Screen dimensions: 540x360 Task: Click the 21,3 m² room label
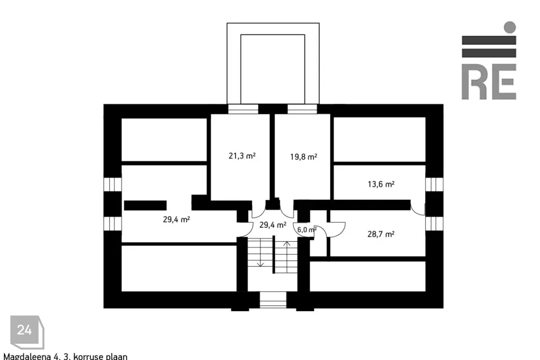pyautogui.click(x=242, y=156)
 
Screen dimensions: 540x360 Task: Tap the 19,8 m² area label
pyautogui.click(x=303, y=157)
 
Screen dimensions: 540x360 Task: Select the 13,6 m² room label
pyautogui.click(x=381, y=184)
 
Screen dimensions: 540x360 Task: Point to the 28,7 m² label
pyautogui.click(x=381, y=234)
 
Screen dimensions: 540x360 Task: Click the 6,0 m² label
pyautogui.click(x=307, y=229)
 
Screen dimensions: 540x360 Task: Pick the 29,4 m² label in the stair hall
pyautogui.click(x=273, y=225)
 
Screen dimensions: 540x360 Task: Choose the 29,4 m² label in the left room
pyautogui.click(x=176, y=219)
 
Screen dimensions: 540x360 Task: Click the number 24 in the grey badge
pyautogui.click(x=24, y=330)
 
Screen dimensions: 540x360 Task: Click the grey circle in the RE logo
pyautogui.click(x=510, y=27)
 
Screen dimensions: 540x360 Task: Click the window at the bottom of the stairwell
pyautogui.click(x=273, y=300)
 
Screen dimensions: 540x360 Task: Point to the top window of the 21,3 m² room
pyautogui.click(x=243, y=109)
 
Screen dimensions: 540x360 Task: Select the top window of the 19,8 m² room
pyautogui.click(x=302, y=109)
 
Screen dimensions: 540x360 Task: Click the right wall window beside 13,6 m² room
pyautogui.click(x=434, y=184)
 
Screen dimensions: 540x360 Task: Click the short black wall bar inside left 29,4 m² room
pyautogui.click(x=145, y=206)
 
